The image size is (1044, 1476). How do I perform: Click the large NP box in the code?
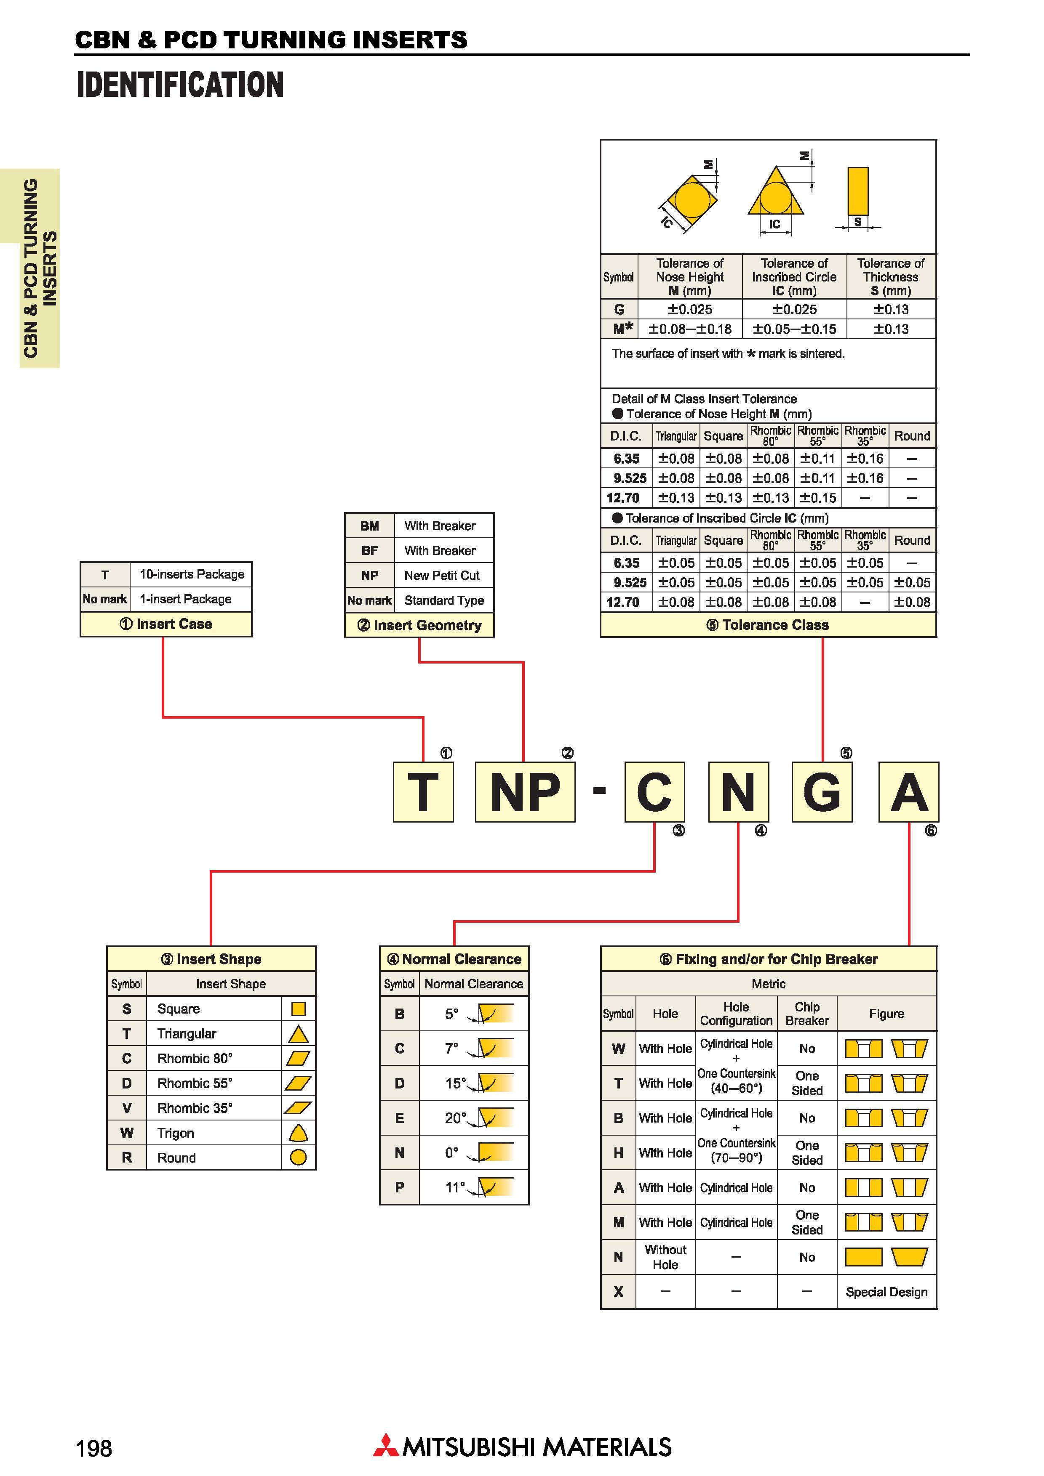525,791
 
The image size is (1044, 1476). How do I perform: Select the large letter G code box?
822,791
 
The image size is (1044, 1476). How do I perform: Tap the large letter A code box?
909,791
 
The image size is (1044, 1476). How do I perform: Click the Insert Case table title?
166,624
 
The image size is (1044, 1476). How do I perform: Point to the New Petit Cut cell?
442,575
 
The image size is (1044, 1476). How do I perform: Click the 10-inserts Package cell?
192,574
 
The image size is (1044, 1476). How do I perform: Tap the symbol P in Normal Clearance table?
400,1187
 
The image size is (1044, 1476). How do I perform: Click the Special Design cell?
886,1292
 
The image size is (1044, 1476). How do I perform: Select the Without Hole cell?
665,1257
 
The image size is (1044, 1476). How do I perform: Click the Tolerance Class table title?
768,625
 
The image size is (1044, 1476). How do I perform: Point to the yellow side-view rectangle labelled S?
858,191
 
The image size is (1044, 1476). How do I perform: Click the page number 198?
94,1448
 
